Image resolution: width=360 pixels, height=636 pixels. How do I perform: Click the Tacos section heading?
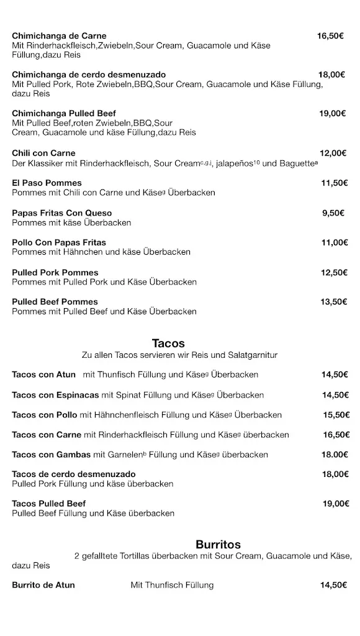click(x=168, y=343)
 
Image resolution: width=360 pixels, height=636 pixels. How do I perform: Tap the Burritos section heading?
click(x=218, y=545)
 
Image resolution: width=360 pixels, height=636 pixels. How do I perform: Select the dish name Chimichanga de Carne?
click(x=59, y=36)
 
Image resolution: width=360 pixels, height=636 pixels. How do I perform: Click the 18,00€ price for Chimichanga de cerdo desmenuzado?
click(x=331, y=75)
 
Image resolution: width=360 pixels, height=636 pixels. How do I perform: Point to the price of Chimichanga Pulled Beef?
click(x=332, y=113)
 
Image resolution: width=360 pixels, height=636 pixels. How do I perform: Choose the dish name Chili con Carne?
click(x=43, y=153)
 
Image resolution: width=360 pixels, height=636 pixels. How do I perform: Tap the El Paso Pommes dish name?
click(x=47, y=183)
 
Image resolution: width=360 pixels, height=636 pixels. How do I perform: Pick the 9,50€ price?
click(x=333, y=213)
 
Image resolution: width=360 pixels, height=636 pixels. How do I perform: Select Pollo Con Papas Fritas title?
click(x=59, y=243)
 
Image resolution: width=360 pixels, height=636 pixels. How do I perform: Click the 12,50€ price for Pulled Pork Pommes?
click(x=333, y=273)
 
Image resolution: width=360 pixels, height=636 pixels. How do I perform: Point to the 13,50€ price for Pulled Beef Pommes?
click(x=333, y=302)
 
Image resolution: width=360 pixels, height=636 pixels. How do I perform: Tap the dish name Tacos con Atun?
click(x=43, y=375)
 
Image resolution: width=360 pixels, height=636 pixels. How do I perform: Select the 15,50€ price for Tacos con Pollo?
click(x=336, y=415)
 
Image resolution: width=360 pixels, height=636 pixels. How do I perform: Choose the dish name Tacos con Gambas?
click(x=51, y=455)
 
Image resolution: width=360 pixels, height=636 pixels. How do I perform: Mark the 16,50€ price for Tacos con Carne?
click(x=336, y=435)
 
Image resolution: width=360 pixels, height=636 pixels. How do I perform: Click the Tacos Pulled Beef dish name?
click(x=48, y=504)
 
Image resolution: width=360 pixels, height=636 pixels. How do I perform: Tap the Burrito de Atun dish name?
click(x=43, y=585)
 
